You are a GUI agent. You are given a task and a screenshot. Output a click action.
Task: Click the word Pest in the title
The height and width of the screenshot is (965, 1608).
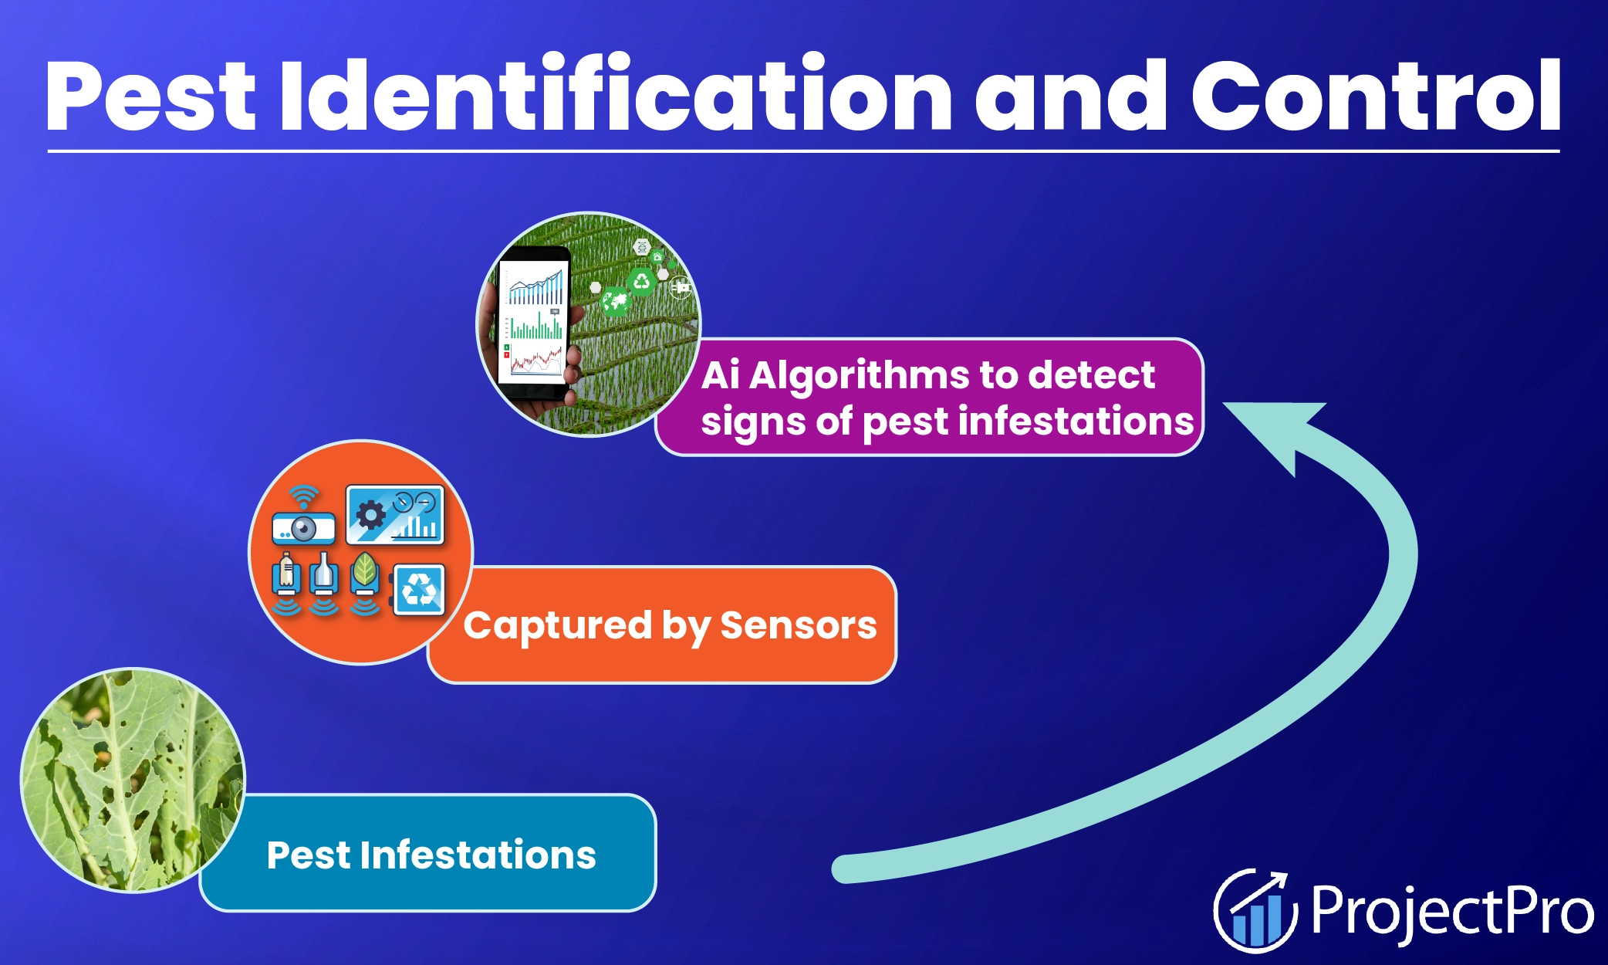(150, 97)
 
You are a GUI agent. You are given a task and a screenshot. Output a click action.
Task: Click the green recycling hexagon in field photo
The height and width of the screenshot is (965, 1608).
(641, 282)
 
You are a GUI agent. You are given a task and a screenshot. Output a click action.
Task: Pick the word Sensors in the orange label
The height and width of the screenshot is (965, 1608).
(798, 625)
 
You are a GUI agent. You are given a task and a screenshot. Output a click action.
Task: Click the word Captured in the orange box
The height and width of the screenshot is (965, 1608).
(557, 625)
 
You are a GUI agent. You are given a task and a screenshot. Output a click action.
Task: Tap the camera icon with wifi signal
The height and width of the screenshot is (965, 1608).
(303, 522)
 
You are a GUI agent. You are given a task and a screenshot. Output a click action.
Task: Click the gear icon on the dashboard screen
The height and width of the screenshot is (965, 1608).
(371, 514)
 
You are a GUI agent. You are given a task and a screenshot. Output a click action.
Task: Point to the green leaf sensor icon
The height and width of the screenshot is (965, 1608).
(364, 575)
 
